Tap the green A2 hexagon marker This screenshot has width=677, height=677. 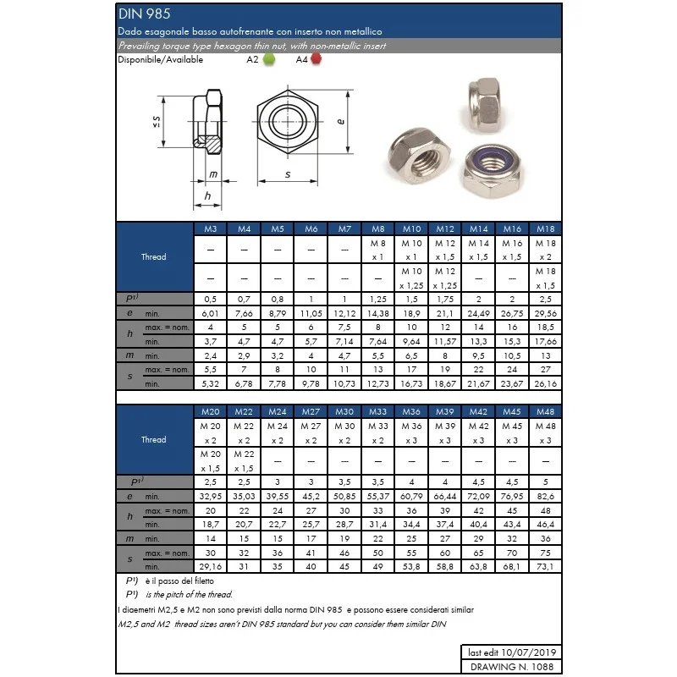tap(268, 59)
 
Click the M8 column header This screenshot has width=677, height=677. tap(378, 229)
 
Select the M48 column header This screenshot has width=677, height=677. tap(546, 412)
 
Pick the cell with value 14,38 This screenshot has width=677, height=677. tap(378, 313)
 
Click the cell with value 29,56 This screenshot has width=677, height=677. tap(546, 313)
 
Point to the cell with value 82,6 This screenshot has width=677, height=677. tap(546, 495)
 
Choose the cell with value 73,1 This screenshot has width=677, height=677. tap(546, 565)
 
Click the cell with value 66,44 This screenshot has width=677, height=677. tap(445, 495)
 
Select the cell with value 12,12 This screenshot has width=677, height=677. tap(344, 313)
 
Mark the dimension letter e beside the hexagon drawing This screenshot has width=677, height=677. tap(340, 121)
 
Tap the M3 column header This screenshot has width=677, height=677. tap(211, 229)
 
